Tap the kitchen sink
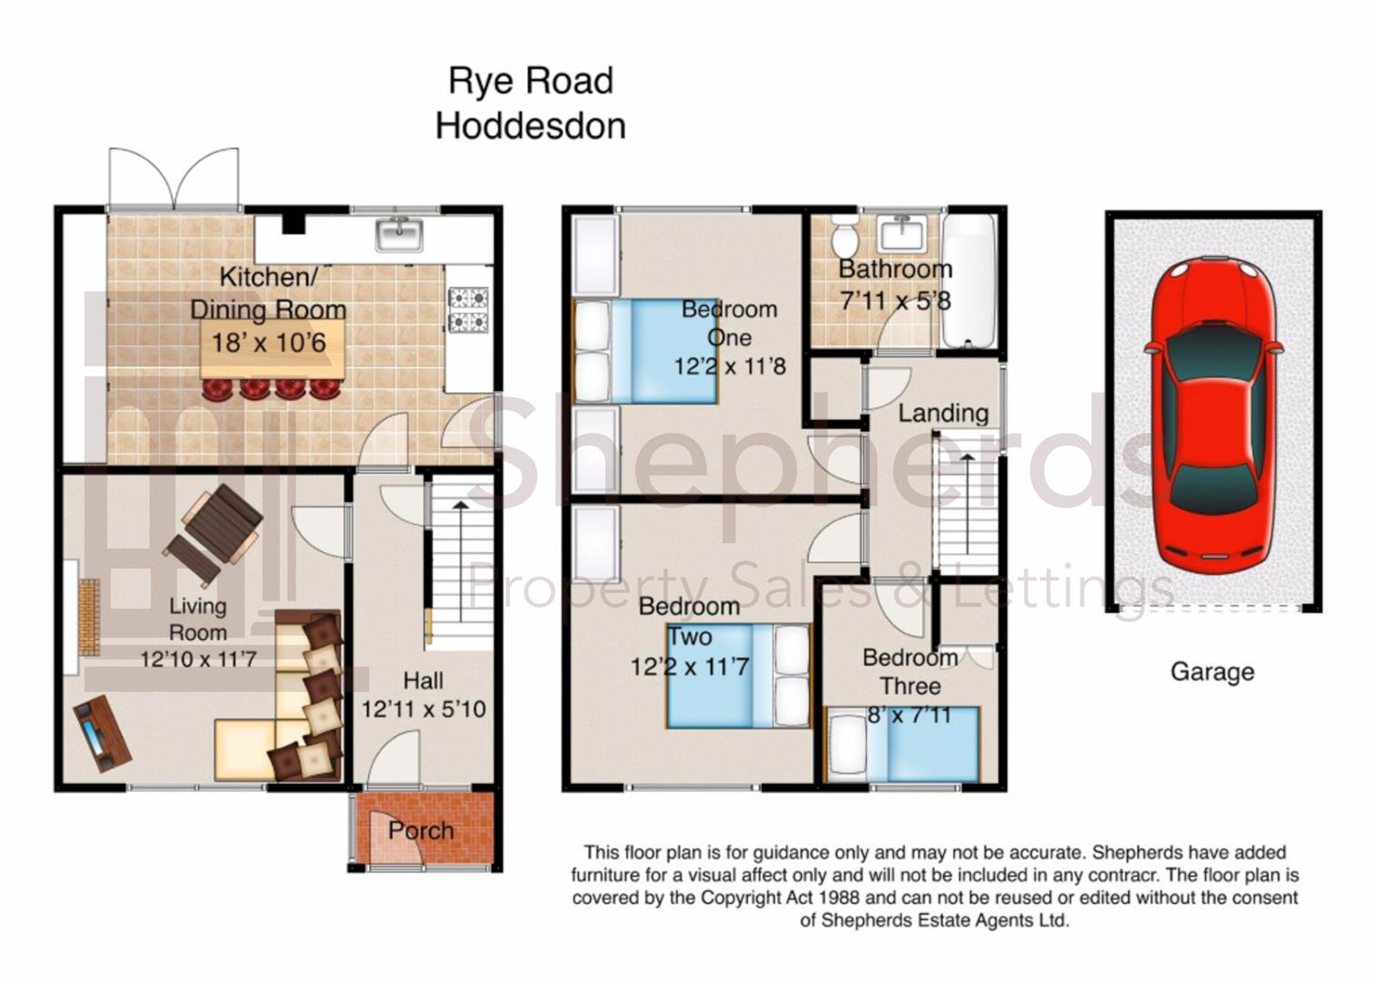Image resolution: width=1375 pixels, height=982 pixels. pos(400,234)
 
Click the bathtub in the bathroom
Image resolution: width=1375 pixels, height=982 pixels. pos(969,281)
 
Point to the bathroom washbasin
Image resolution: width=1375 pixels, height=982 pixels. pos(902,234)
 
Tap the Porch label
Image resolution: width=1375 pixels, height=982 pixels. pos(421,831)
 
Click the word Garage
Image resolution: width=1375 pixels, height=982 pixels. pos(1212,672)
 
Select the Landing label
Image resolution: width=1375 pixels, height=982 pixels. pos(943,414)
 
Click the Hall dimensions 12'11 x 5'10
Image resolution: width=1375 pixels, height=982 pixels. pos(423,709)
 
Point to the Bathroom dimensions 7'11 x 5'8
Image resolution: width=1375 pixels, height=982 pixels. pos(895,301)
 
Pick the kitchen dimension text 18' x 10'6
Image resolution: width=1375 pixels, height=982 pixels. pos(269,343)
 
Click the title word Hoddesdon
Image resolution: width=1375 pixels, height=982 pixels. pos(531,125)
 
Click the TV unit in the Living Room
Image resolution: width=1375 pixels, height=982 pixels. pos(103,733)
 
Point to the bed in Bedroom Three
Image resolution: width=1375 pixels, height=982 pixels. pos(902,745)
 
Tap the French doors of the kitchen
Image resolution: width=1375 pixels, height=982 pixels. pos(174,178)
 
